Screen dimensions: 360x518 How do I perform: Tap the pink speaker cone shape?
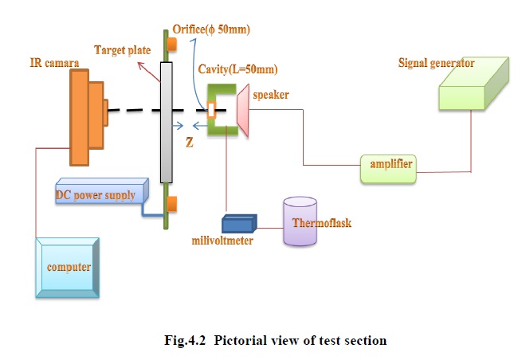point(243,112)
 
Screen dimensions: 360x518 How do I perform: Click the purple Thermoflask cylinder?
point(304,222)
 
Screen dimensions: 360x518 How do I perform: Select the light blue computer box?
point(67,267)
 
